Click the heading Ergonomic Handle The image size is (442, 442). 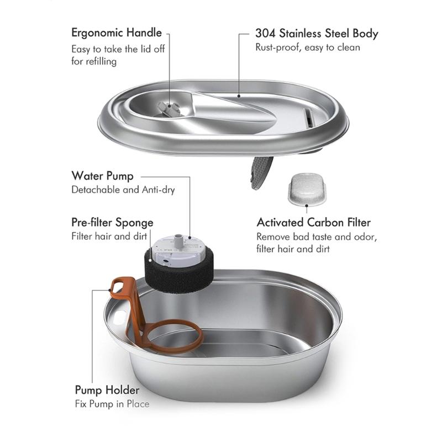pyautogui.click(x=116, y=33)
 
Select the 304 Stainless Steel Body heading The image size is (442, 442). pyautogui.click(x=317, y=33)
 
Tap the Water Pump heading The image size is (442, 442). pyautogui.click(x=102, y=176)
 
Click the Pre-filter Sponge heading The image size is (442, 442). pyautogui.click(x=112, y=223)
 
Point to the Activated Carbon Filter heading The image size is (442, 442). pyautogui.click(x=313, y=223)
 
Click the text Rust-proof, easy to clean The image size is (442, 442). pyautogui.click(x=307, y=48)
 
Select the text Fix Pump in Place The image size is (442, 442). pyautogui.click(x=112, y=404)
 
